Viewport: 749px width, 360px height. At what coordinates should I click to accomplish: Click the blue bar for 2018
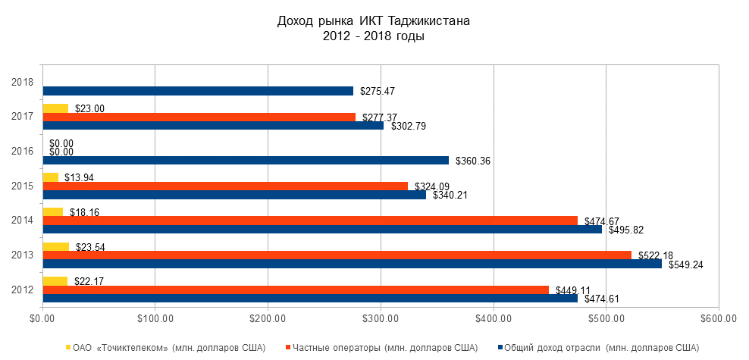point(198,91)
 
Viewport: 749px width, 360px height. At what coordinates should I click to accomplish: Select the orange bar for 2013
point(337,255)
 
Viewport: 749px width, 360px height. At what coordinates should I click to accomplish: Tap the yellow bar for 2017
point(55,108)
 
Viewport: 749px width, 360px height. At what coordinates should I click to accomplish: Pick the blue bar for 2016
point(246,161)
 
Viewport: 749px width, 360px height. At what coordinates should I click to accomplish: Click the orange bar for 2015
point(225,186)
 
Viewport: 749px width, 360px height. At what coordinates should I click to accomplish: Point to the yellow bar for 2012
point(55,281)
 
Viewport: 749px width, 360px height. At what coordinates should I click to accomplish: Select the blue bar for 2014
point(322,229)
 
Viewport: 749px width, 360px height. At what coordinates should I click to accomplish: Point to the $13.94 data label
point(80,177)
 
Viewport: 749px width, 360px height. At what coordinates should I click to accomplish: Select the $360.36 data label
point(471,161)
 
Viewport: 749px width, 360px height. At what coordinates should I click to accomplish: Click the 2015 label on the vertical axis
point(23,186)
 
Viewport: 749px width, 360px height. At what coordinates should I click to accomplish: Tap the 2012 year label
point(23,290)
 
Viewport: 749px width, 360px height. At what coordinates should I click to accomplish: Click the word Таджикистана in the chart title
point(429,21)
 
